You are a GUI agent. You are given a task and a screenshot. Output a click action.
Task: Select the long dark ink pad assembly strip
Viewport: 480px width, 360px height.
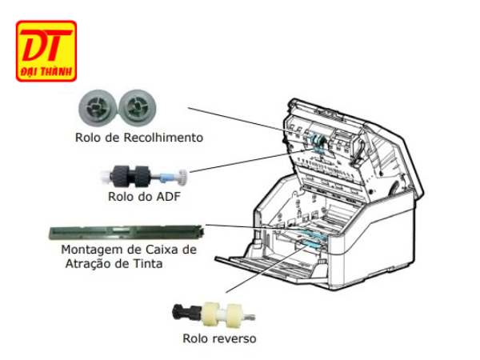(125, 231)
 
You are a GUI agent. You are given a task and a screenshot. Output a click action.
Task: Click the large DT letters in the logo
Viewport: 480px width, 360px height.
(45, 46)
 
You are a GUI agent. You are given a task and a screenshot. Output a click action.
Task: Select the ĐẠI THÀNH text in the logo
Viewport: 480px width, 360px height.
(46, 72)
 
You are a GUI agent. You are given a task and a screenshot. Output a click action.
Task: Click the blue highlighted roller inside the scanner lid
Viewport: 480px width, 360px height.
(315, 145)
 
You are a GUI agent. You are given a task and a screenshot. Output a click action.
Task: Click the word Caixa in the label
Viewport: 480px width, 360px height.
(162, 250)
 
